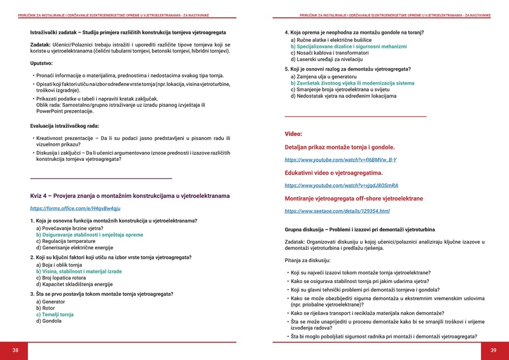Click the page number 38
click(x=15, y=350)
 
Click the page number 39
click(x=493, y=350)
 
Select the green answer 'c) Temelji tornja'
click(x=55, y=314)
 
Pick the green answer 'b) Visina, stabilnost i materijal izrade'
click(x=79, y=271)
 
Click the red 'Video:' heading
click(x=293, y=134)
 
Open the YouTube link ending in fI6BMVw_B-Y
click(x=340, y=160)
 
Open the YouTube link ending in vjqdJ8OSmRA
click(x=341, y=185)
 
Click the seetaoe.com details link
click(x=337, y=211)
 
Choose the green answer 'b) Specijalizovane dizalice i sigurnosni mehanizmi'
click(x=348, y=46)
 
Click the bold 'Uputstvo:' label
click(x=43, y=64)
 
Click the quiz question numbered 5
click(x=347, y=69)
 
